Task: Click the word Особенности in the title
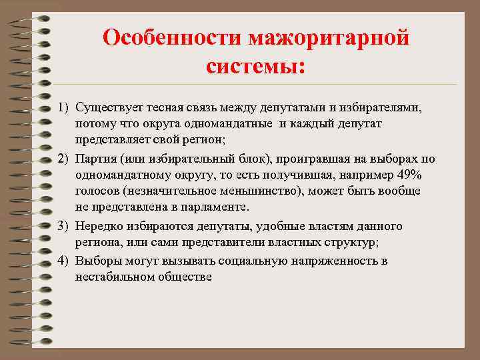click(173, 37)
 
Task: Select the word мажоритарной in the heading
click(329, 37)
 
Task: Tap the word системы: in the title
click(255, 67)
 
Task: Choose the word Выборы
click(97, 260)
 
